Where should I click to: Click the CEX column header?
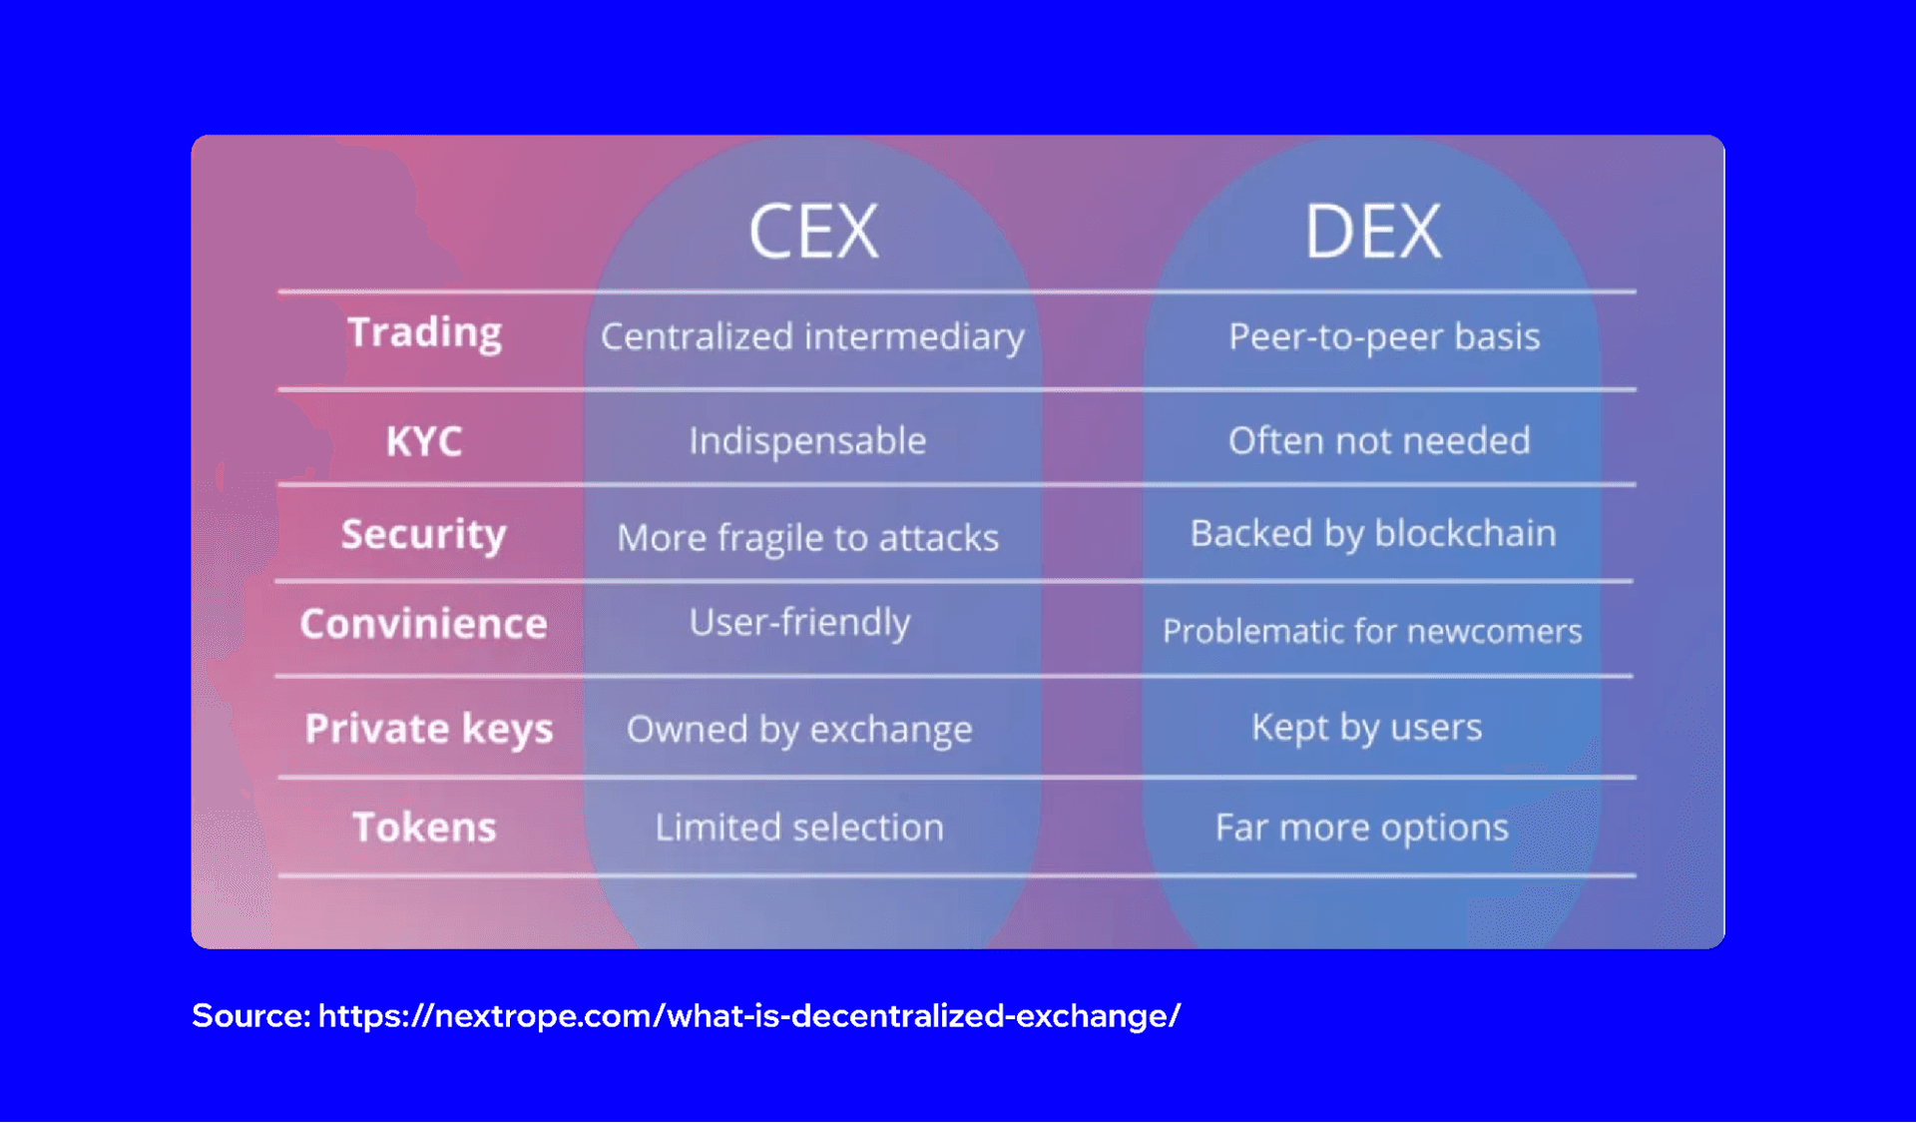pos(813,232)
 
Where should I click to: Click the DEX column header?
pos(1372,232)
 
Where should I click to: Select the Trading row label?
pos(424,332)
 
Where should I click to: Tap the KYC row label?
pos(424,441)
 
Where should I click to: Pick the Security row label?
pos(424,534)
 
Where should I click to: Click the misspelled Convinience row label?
pos(424,624)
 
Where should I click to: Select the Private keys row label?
pos(429,729)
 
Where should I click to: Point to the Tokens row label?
pos(424,828)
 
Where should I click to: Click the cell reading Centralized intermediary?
pos(812,337)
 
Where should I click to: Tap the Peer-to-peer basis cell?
pos(1384,337)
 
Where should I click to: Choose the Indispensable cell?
pos(807,441)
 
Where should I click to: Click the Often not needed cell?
pos(1379,441)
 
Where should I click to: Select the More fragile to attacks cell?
pos(807,538)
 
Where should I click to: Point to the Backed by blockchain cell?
pos(1373,534)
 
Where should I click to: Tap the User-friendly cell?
pos(799,623)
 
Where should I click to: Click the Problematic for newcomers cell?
pos(1372,631)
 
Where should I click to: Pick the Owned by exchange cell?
pos(799,730)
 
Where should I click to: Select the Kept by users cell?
pos(1366,728)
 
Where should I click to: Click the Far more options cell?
pos(1362,828)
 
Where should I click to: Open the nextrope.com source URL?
pos(748,1016)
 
